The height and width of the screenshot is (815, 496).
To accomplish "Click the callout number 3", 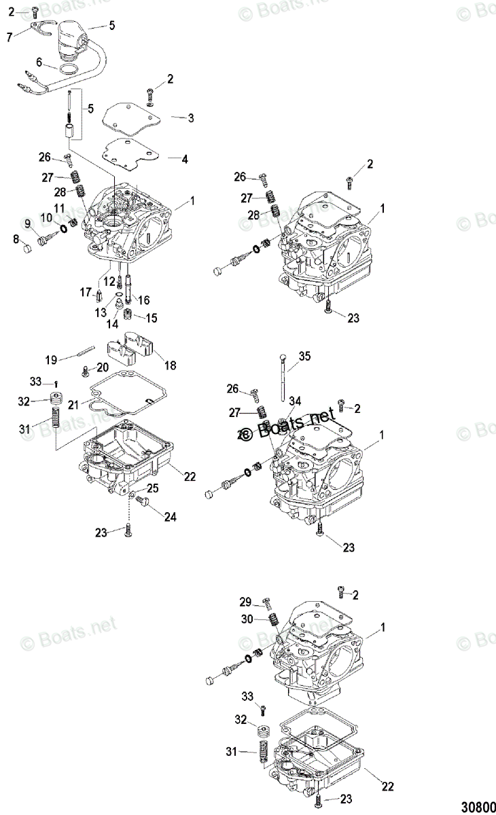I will click(191, 117).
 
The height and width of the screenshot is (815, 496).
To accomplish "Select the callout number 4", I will click(184, 159).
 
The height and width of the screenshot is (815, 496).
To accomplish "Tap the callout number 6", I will click(39, 62).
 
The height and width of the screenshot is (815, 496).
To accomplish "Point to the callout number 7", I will click(9, 37).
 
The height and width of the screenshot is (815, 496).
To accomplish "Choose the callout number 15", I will click(152, 317).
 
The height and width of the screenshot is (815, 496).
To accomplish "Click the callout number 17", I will click(86, 293).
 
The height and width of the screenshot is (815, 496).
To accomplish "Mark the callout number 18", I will click(169, 365).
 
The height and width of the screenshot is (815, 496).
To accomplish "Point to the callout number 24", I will click(170, 517).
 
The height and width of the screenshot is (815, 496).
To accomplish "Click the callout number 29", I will click(245, 602).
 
